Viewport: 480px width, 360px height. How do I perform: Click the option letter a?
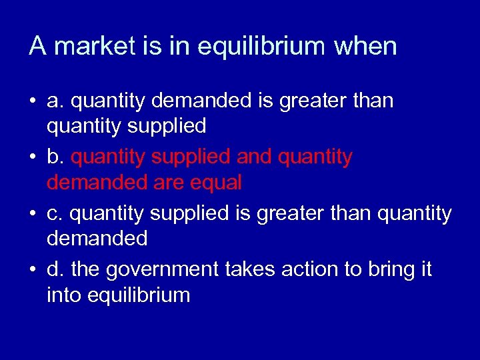54,101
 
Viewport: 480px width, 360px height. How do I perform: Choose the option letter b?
54,157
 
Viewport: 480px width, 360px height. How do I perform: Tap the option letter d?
54,269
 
